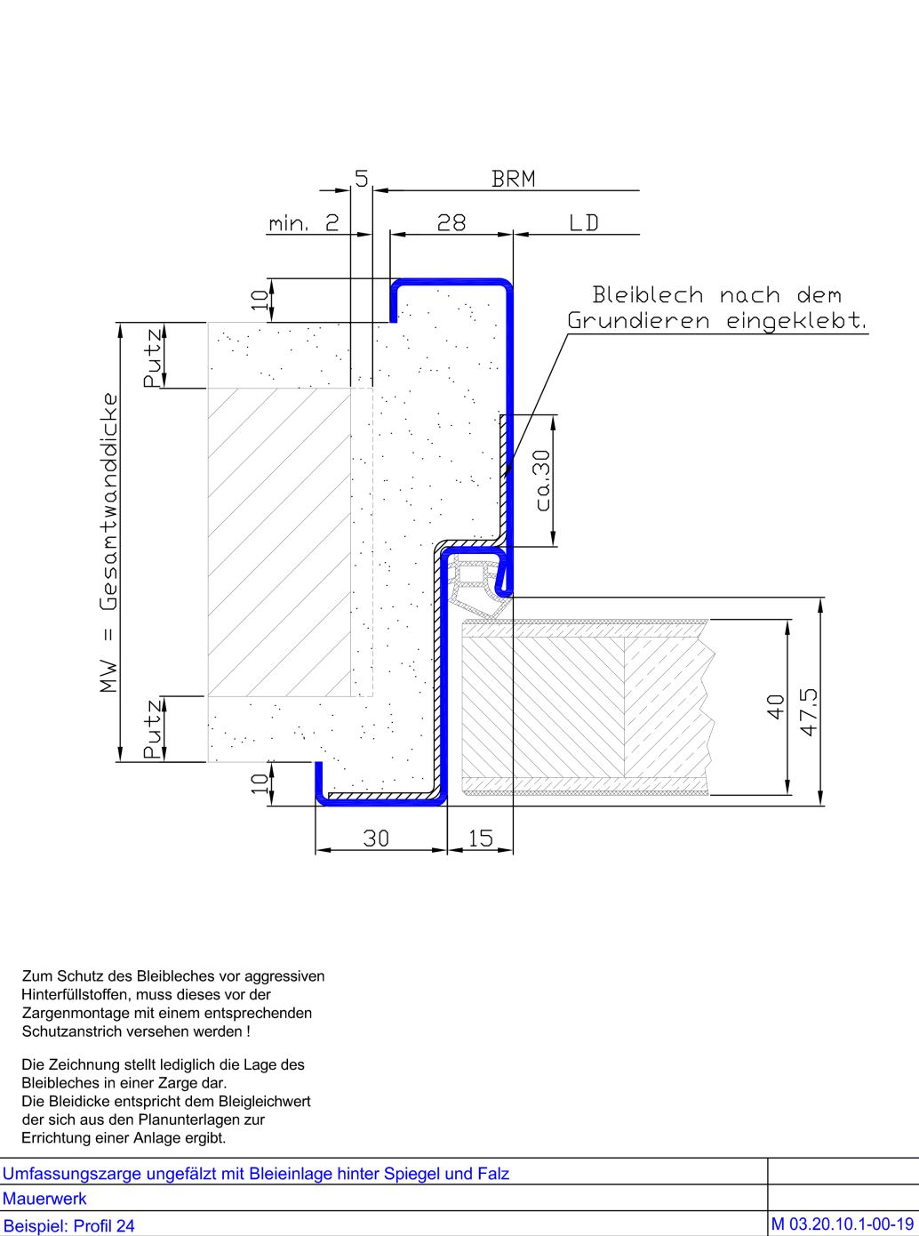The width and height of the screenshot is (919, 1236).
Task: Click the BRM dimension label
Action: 514,179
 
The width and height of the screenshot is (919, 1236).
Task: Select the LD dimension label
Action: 583,223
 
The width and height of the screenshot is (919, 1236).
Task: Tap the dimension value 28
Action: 452,223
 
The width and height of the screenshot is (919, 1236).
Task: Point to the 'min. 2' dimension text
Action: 304,223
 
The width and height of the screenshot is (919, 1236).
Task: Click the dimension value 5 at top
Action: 362,179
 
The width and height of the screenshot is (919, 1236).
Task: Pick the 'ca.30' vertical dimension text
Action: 543,480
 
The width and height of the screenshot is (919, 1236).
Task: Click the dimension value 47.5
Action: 810,711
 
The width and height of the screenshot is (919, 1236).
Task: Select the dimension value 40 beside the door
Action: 776,707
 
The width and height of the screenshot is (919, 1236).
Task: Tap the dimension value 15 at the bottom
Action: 480,839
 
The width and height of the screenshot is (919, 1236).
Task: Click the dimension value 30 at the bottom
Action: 376,839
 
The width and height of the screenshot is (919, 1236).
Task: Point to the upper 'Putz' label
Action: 153,357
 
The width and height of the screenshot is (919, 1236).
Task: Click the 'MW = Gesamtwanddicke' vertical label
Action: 108,543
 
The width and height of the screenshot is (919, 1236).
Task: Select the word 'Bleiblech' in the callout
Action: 648,295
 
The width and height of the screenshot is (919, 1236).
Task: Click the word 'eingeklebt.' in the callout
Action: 796,322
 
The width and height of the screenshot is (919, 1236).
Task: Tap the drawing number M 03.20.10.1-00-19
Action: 843,1224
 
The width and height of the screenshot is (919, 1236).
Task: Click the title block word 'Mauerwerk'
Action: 44,1198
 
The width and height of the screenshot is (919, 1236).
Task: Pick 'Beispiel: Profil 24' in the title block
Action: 68,1225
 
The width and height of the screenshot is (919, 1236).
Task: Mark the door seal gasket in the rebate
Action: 475,585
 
